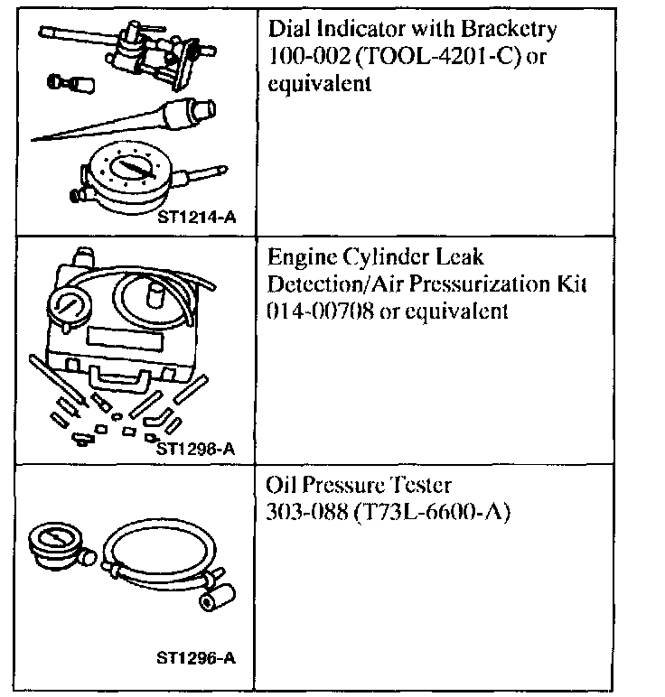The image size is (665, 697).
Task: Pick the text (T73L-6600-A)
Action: pos(434,512)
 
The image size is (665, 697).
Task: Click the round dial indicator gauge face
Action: pos(128,169)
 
